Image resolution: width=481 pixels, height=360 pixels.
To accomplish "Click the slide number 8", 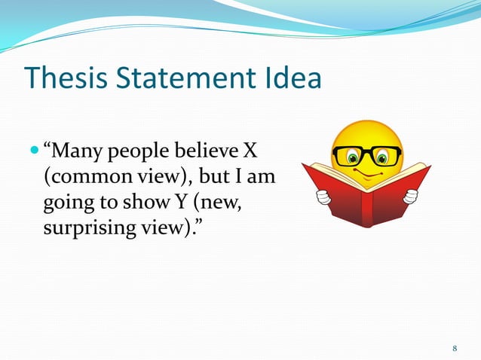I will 455,348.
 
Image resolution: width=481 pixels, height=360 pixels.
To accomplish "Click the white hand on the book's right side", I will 410,196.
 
